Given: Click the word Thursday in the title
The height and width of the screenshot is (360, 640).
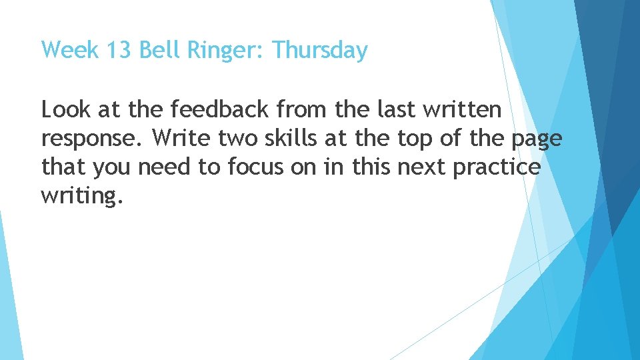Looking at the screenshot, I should coord(320,50).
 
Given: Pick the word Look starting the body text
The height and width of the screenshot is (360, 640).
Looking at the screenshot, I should coord(65,109).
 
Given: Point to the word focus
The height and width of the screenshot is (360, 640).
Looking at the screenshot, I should coord(249,167).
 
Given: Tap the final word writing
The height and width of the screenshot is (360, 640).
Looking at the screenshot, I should coord(83,197).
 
